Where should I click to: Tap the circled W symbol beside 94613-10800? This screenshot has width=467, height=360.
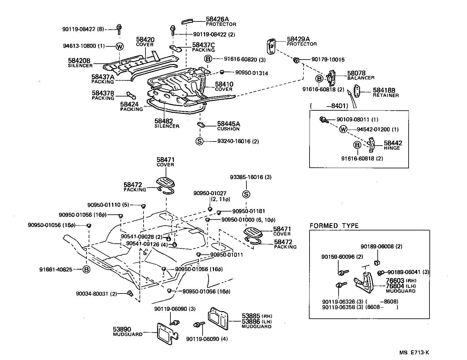click(x=120, y=46)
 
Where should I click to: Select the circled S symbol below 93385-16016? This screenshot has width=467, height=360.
click(x=246, y=195)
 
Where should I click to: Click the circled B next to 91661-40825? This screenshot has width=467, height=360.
click(x=86, y=270)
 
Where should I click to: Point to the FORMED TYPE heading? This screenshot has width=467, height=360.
click(x=334, y=226)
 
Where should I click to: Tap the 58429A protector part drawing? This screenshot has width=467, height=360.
click(x=271, y=46)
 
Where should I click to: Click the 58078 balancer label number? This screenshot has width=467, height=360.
click(x=356, y=73)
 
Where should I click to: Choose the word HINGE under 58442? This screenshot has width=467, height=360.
click(x=392, y=148)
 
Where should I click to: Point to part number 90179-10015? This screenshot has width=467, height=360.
click(x=328, y=60)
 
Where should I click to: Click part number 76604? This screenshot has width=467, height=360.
click(x=395, y=286)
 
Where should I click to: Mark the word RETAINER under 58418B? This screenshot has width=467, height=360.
click(x=386, y=95)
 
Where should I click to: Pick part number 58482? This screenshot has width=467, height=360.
click(x=163, y=121)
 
